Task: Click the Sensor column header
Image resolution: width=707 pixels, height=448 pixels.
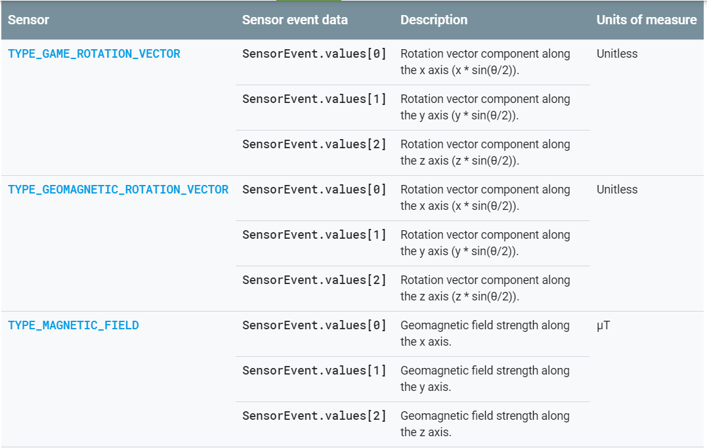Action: (x=28, y=20)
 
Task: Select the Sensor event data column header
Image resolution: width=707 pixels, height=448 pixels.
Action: (x=295, y=20)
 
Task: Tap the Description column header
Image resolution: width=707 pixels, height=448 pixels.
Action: (x=434, y=20)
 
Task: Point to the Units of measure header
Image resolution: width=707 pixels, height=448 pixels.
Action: (x=646, y=20)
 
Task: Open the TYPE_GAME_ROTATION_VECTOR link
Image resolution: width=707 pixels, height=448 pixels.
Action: (x=94, y=54)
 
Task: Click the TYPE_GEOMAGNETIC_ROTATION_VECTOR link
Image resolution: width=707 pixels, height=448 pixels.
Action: (x=118, y=190)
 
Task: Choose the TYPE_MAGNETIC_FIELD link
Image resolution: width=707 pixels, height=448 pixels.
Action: (x=74, y=325)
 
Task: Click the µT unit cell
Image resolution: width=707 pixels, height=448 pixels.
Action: (x=603, y=325)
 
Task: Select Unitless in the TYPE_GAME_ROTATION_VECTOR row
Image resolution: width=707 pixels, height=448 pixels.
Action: (x=617, y=54)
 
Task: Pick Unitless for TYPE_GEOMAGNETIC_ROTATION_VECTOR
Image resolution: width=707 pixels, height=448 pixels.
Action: (x=617, y=190)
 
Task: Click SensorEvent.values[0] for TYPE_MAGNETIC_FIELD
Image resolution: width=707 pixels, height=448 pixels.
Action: (x=314, y=325)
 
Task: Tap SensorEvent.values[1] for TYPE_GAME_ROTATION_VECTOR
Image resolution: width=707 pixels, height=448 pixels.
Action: (x=314, y=99)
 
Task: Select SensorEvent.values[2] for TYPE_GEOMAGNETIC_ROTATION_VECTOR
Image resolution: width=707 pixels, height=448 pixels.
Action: (x=314, y=280)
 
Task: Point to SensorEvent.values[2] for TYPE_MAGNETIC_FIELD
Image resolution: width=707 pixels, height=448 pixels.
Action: (x=314, y=416)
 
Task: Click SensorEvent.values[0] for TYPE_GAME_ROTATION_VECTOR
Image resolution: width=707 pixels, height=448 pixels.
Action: (x=314, y=54)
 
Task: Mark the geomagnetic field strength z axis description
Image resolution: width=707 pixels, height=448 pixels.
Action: (x=485, y=424)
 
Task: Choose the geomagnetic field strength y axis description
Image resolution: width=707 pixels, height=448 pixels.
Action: (x=485, y=378)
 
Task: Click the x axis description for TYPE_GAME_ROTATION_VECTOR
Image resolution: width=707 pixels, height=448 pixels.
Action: (x=485, y=62)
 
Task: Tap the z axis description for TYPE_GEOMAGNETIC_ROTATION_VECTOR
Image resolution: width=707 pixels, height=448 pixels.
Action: (x=485, y=288)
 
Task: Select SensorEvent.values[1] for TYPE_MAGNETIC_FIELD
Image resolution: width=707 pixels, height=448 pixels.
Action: (x=314, y=371)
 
